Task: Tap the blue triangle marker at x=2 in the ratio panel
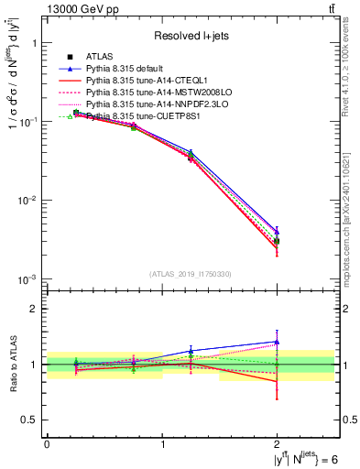(x=278, y=342)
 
